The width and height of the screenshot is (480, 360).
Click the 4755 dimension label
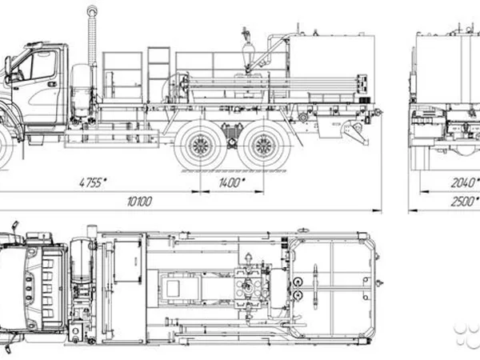pos(93,182)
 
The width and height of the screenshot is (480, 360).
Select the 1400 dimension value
pos(232,182)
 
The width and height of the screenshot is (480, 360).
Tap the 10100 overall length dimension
pos(139,202)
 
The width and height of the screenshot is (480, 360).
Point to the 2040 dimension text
pos(464,182)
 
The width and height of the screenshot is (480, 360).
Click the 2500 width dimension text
pos(464,202)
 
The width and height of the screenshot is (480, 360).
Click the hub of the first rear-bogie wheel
pos(201,145)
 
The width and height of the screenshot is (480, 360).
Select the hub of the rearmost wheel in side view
pos(264,145)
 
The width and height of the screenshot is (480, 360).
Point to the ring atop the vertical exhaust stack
pos(91,11)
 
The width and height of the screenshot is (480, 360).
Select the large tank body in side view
pos(332,66)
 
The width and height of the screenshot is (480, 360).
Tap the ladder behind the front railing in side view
pos(158,74)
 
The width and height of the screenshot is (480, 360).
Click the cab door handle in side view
pos(52,84)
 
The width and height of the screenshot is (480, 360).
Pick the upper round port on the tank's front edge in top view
pos(297,282)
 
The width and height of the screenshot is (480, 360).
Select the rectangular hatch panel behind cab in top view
pos(127,261)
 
